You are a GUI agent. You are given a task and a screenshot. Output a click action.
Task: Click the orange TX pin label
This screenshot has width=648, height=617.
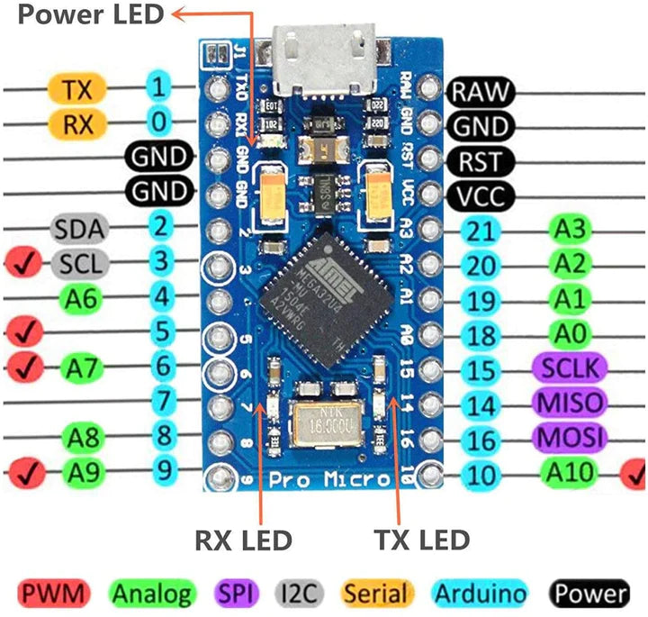click(x=78, y=88)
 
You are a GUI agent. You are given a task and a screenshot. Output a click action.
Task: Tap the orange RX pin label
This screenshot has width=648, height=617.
click(x=78, y=123)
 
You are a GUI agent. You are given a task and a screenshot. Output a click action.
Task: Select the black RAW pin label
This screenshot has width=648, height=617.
click(x=481, y=90)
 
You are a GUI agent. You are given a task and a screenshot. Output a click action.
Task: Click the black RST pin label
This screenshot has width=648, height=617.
click(x=481, y=161)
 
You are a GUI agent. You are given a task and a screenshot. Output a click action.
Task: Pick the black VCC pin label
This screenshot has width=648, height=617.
click(x=481, y=195)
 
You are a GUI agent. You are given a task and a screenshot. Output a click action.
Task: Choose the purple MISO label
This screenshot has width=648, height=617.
click(x=571, y=402)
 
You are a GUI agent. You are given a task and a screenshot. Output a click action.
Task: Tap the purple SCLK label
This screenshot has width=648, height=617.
click(x=571, y=367)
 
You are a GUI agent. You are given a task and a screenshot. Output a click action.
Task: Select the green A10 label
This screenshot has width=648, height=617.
click(x=571, y=470)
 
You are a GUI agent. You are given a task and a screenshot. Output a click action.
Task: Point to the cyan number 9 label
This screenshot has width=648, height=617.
click(x=160, y=468)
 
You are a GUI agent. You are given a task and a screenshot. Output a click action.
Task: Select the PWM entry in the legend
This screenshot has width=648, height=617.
click(x=55, y=594)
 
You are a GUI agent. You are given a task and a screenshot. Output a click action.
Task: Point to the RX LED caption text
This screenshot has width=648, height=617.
click(x=243, y=540)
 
